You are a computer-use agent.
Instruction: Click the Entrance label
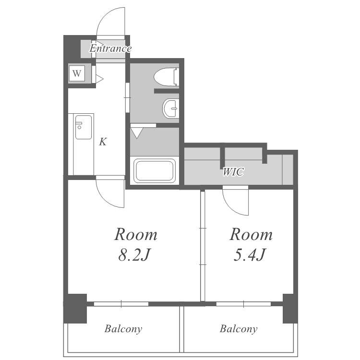coord(110,48)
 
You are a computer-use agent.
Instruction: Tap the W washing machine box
coord(77,73)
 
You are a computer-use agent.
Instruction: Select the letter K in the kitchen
coord(103,142)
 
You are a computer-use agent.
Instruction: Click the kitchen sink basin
coord(84,127)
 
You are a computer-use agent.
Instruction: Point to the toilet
coord(167,77)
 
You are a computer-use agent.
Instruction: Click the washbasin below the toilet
coord(170,108)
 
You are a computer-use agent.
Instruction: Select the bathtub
coord(154,170)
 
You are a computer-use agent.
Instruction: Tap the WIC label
coord(233,172)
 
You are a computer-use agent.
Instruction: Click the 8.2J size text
coord(134,255)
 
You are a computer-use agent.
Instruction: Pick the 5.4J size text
coord(250,255)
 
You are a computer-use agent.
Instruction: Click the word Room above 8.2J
coord(136,234)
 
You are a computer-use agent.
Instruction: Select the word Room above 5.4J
coord(251,234)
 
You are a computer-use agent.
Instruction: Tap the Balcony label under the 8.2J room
coord(123,329)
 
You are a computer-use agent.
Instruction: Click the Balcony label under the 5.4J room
coord(239,329)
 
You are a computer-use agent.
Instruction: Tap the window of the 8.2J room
coord(121,304)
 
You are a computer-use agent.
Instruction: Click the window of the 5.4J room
coord(243,304)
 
